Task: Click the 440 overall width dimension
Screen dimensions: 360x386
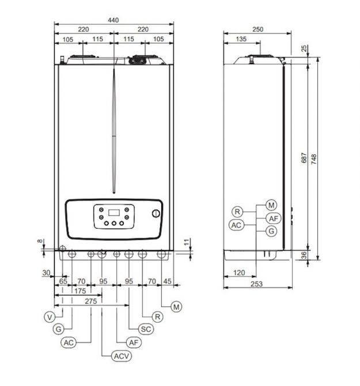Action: pos(113,20)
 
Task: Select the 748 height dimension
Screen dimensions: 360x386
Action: pos(314,159)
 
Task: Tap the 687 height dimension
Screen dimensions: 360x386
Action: pos(304,158)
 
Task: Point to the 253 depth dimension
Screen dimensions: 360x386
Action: pos(256,284)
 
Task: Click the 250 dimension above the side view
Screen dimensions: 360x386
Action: pos(257,29)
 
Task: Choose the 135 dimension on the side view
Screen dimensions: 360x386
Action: pos(241,39)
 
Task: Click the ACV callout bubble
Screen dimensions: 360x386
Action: pos(122,356)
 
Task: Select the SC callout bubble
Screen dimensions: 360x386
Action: pos(146,329)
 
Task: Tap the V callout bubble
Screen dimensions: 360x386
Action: pos(50,317)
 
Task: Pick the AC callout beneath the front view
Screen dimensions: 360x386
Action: pos(69,343)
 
